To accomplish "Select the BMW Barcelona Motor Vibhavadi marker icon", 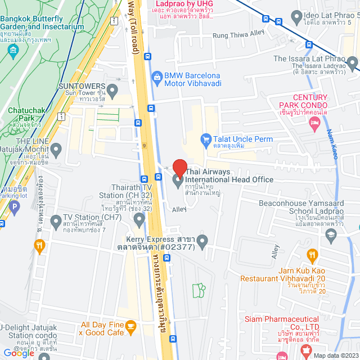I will coord(156,75).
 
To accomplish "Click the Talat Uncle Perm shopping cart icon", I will coord(206,139).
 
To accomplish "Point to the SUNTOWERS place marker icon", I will coord(112,90).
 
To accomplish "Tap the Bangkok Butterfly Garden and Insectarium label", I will coord(43,22).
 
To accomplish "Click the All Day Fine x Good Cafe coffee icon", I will coord(130,325).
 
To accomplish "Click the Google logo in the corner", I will coord(19,353).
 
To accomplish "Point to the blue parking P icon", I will coord(15,207).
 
